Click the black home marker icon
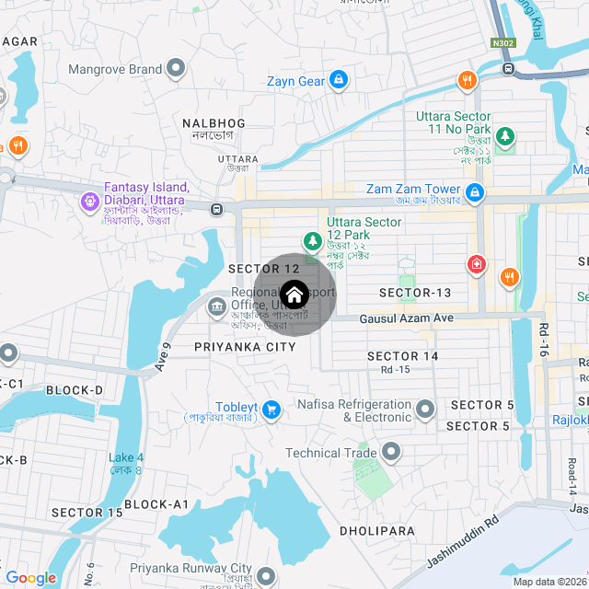point(294,294)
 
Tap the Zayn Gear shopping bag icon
point(339,81)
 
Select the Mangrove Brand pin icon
point(176,69)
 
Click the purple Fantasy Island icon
point(90,200)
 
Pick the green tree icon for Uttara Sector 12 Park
point(314,241)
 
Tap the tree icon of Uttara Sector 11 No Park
point(504,137)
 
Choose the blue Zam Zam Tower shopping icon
point(475,192)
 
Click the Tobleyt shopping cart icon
point(271,409)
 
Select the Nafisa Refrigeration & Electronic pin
point(425,408)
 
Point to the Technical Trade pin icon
point(391,452)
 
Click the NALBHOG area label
point(214,123)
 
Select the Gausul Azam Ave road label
point(407,318)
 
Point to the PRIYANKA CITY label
point(246,347)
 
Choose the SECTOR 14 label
point(402,355)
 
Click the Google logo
point(30,578)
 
